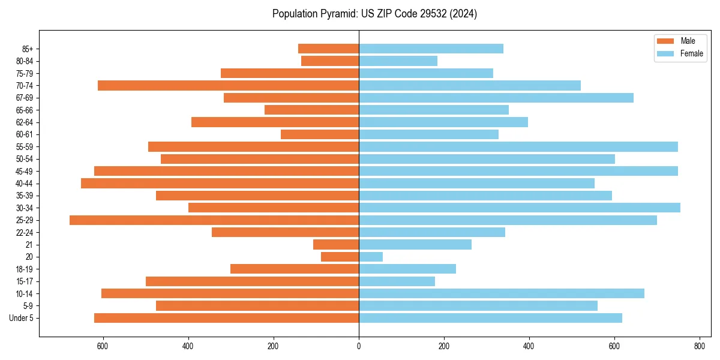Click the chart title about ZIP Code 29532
[x=374, y=14]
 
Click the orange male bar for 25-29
[x=214, y=220]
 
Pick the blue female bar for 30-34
[x=520, y=208]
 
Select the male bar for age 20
[x=340, y=257]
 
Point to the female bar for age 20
[x=371, y=257]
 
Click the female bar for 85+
[x=431, y=49]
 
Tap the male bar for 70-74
[x=228, y=85]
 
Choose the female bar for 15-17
[x=397, y=281]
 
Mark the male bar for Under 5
[x=226, y=318]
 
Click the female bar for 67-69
[x=496, y=98]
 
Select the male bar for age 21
[x=336, y=245]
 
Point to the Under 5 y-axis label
[x=22, y=318]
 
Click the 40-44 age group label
[x=25, y=184]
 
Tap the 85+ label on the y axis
[x=27, y=49]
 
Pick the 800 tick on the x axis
[x=699, y=346]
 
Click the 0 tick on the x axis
[x=359, y=346]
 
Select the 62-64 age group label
[x=25, y=122]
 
